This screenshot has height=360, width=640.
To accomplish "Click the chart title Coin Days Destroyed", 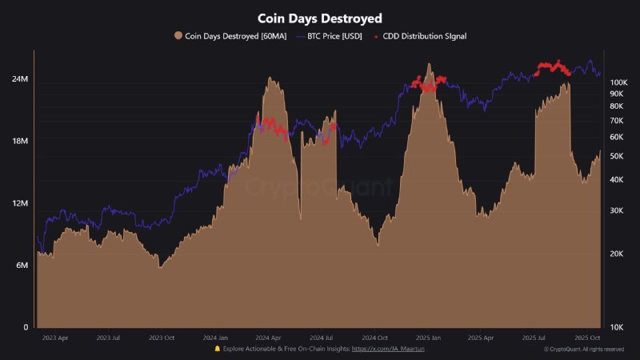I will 319,18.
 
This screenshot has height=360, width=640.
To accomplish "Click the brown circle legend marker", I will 178,36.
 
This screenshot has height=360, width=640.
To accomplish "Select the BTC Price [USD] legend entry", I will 333,36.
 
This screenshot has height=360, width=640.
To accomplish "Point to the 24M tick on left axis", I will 20,80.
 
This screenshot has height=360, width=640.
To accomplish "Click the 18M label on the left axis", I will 20,142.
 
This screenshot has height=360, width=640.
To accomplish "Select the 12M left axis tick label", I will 20,203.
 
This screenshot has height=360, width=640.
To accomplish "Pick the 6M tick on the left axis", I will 22,266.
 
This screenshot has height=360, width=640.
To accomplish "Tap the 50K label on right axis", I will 617,156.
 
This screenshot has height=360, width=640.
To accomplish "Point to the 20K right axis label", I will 617,254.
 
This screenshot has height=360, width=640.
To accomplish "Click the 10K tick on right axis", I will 617,327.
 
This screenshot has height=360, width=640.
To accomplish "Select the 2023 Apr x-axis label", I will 54,338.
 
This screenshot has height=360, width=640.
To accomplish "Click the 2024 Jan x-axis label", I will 215,338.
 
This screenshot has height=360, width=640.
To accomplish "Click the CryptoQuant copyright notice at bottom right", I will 584,350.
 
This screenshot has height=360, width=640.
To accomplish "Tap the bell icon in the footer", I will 218,350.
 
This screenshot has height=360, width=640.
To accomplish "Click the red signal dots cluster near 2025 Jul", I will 552,68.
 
